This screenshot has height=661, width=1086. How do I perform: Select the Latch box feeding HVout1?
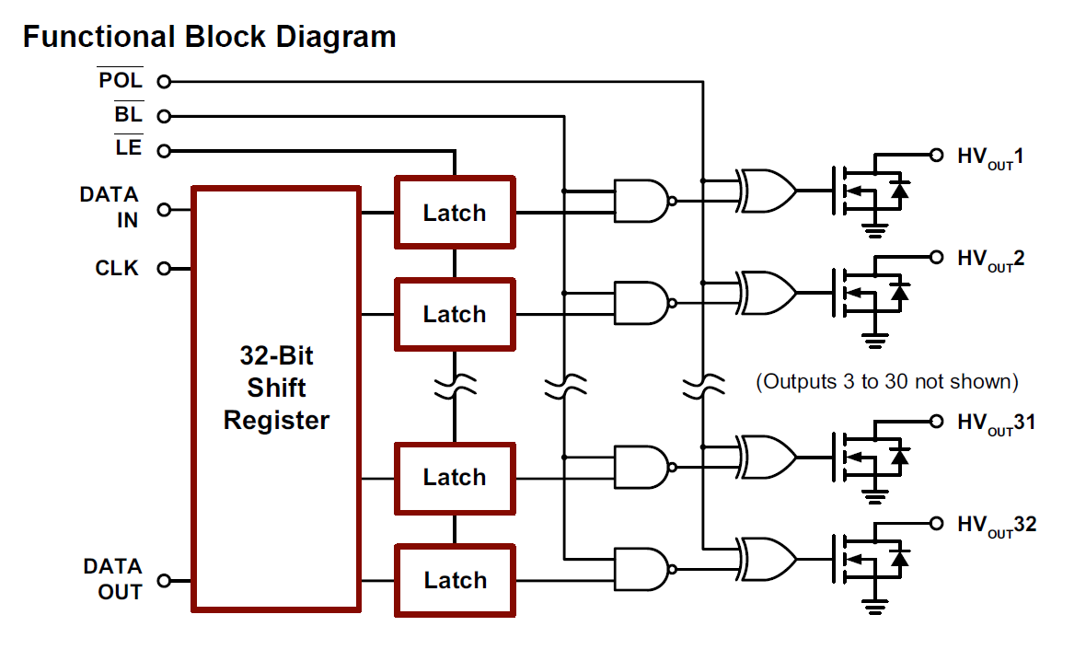pos(455,213)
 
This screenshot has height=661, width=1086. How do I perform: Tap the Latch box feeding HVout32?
pos(455,580)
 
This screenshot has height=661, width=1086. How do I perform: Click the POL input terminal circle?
pos(164,82)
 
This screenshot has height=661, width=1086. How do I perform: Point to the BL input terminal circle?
pos(164,116)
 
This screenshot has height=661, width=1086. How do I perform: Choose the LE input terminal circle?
pos(164,150)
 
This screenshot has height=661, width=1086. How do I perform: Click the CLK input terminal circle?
pos(164,269)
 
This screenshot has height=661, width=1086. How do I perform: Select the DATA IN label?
pos(109,208)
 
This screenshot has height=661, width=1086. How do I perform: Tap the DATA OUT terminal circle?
pos(164,581)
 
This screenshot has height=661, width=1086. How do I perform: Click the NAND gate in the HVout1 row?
pos(642,201)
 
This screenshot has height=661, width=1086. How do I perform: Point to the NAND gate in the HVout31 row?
pos(642,467)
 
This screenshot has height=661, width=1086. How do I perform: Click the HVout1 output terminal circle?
pos(937,155)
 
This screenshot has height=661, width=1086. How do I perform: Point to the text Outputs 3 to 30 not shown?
pos(886,381)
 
